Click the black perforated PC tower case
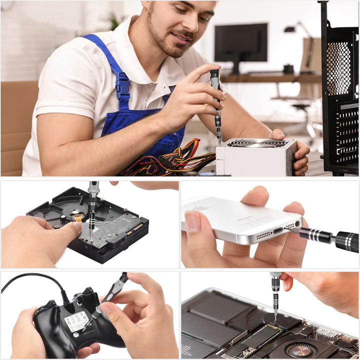(x=340, y=90)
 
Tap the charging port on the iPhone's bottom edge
(x=278, y=230)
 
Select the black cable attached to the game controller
(x=35, y=278)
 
